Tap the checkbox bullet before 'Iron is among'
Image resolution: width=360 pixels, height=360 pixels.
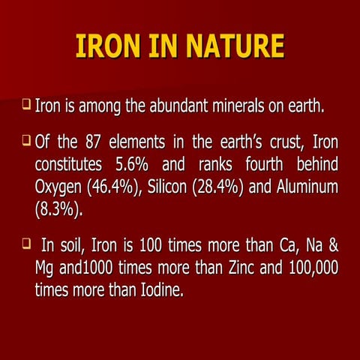(25, 109)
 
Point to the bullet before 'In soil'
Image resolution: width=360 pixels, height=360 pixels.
(25, 244)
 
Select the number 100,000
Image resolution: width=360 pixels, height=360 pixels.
(304, 268)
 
